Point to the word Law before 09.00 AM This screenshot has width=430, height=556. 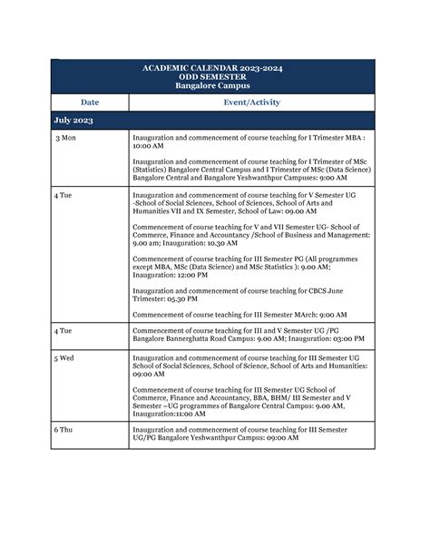coord(277,211)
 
